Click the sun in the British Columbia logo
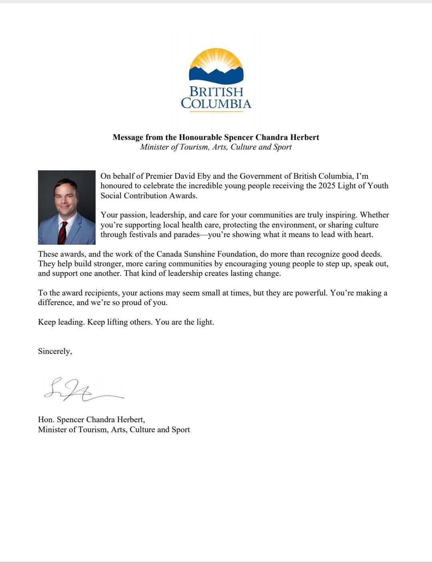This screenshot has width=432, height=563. pos(216,60)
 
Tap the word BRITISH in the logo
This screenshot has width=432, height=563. pos(216,92)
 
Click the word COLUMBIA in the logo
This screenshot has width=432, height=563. pos(216,104)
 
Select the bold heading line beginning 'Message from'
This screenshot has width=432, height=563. pos(216,137)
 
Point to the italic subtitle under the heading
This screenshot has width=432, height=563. pos(216,147)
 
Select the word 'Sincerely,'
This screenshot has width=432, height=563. pos(55,351)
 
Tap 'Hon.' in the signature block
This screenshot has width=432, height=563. pos(46,419)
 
